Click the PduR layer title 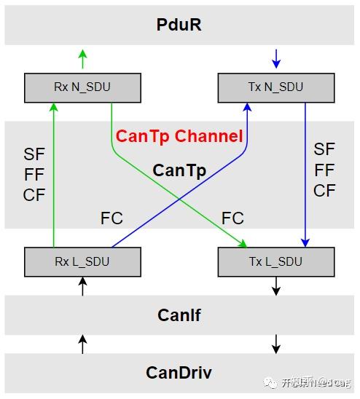pos(179,25)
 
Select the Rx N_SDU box pos(82,87)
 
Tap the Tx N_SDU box pos(276,87)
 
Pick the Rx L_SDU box pos(82,261)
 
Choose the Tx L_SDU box pos(276,261)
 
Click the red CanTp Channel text pos(179,136)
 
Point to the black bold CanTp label pos(179,171)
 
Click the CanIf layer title pos(179,315)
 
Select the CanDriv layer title pos(179,373)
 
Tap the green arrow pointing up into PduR pos(82,58)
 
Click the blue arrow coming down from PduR pos(276,58)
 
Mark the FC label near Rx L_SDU pos(111,218)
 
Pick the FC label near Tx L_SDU pos(232,218)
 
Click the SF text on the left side pos(34,154)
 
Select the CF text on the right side pos(324,191)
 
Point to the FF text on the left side pos(34,175)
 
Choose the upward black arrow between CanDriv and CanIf pos(82,344)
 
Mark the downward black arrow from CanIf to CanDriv pos(276,344)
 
